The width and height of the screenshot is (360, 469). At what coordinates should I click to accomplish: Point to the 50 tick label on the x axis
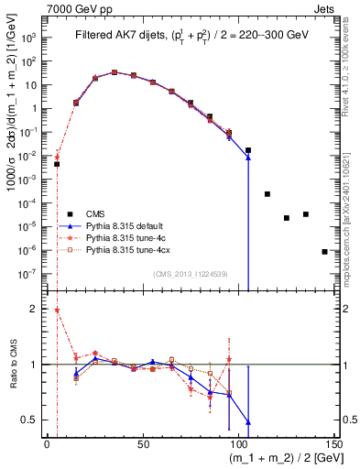(x=143, y=443)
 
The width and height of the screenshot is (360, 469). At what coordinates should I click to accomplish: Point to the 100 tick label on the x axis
(x=239, y=443)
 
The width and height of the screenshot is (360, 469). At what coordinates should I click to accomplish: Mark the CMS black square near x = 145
(x=325, y=251)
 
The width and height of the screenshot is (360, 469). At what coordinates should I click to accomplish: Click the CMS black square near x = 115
(x=267, y=194)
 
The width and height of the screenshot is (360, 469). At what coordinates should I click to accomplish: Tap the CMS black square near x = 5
(x=57, y=164)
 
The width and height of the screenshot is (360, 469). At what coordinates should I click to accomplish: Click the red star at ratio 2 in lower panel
(x=57, y=310)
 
